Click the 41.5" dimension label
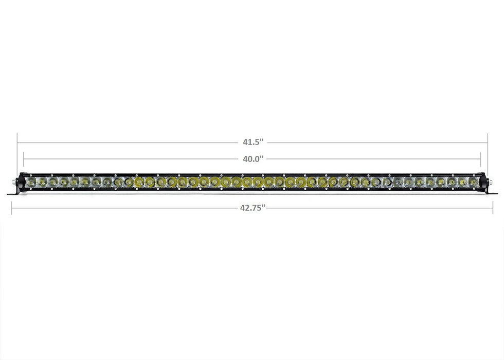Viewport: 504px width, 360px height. pyautogui.click(x=253, y=142)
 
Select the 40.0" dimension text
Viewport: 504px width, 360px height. pyautogui.click(x=253, y=158)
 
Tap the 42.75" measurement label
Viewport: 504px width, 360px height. pyautogui.click(x=253, y=208)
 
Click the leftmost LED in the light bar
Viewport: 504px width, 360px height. pyautogui.click(x=31, y=182)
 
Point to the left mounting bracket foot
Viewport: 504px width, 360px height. pyautogui.click(x=12, y=193)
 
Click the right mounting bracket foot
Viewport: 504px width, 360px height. pyautogui.click(x=492, y=193)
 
